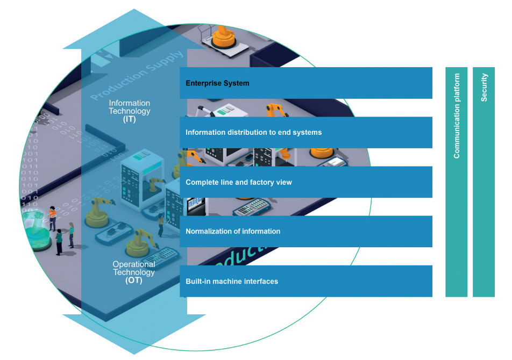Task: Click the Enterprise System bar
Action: point(305,83)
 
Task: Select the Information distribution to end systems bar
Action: point(305,133)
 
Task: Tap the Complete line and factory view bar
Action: point(305,182)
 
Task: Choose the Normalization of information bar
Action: point(305,232)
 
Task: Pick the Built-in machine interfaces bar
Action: point(305,281)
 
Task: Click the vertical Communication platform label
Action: point(457,116)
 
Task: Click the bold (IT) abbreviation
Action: point(129,119)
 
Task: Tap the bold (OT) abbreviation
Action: point(133,280)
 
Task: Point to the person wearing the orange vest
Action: point(52,217)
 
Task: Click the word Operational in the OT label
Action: point(134,264)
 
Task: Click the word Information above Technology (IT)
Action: point(129,103)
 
